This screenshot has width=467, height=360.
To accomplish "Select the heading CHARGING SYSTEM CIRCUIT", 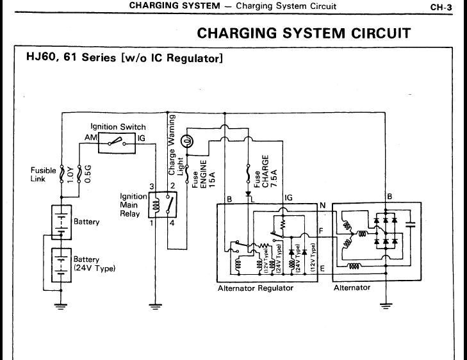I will [304, 33].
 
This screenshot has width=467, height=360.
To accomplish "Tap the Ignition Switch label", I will [118, 127].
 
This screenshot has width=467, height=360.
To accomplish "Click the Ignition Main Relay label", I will [133, 204].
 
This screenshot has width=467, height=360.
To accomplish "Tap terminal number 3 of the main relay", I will [152, 186].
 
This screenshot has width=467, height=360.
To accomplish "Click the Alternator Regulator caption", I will [255, 288].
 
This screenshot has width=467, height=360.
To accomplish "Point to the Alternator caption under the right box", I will [352, 288].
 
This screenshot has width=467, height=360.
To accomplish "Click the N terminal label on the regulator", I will [322, 205].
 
